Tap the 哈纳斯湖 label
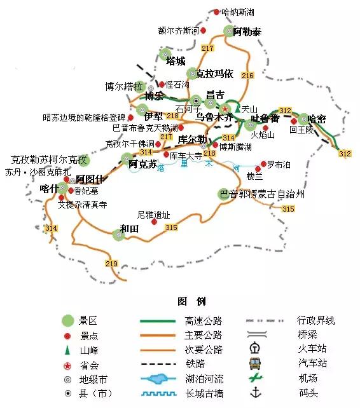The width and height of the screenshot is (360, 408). coord(242,12)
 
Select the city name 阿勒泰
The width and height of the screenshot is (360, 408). coord(247,31)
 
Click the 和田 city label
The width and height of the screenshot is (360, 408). coord(130,228)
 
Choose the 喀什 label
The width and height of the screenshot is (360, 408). coord(49,188)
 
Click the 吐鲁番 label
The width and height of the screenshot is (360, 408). coord(265,118)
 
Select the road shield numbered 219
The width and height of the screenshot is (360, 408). coord(112,264)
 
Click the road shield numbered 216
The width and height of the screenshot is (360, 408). coord(247,76)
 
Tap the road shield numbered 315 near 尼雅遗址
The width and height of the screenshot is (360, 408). coord(171,228)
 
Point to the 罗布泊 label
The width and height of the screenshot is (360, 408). coord(279,165)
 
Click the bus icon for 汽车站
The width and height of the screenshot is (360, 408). coord(256,364)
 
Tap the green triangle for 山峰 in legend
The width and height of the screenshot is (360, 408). coord(67,350)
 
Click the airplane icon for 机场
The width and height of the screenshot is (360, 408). coord(256,378)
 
